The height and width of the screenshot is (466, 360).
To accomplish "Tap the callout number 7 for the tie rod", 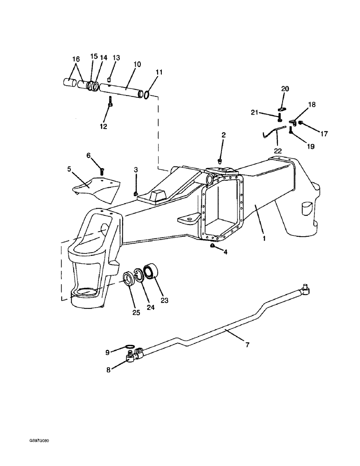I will tap(247, 345).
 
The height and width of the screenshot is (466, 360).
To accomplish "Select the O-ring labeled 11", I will tap(146, 95).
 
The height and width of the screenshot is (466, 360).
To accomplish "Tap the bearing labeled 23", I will tap(152, 271).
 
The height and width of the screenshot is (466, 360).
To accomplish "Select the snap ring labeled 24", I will tap(139, 275).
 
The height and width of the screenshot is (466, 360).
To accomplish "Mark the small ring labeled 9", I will tap(131, 347).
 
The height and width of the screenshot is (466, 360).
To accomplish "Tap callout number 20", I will tap(285, 89).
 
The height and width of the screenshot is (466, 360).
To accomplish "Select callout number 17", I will tap(324, 134).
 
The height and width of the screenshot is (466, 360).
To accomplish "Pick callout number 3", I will tap(136, 170).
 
